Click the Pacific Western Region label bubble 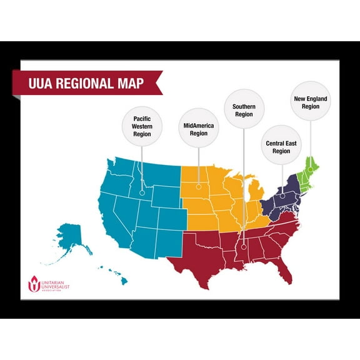coord(142,126)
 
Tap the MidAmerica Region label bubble coord(199,129)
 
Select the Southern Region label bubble coord(244,110)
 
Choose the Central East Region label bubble coord(281,147)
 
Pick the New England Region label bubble coord(311,102)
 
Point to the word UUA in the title coord(42,83)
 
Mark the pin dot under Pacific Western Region coord(142,192)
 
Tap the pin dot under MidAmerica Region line coord(199,186)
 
